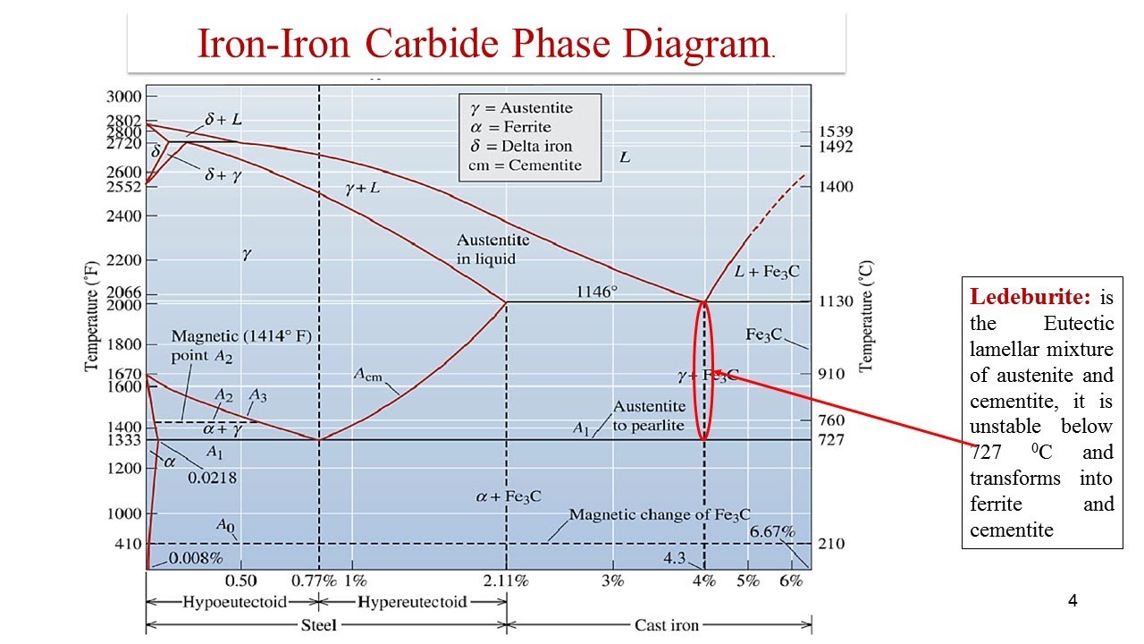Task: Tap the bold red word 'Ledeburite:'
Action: [1013, 296]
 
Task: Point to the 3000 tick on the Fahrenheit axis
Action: [124, 97]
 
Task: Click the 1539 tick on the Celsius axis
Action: [835, 131]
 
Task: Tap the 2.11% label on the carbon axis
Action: [507, 580]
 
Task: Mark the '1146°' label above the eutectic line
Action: [596, 292]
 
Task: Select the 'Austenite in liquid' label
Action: [492, 249]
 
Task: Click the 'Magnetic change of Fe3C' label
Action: [660, 515]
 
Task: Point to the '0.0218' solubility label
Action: [212, 478]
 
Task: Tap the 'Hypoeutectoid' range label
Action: [224, 602]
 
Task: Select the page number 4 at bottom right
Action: [1072, 600]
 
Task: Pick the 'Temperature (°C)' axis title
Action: [865, 316]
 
